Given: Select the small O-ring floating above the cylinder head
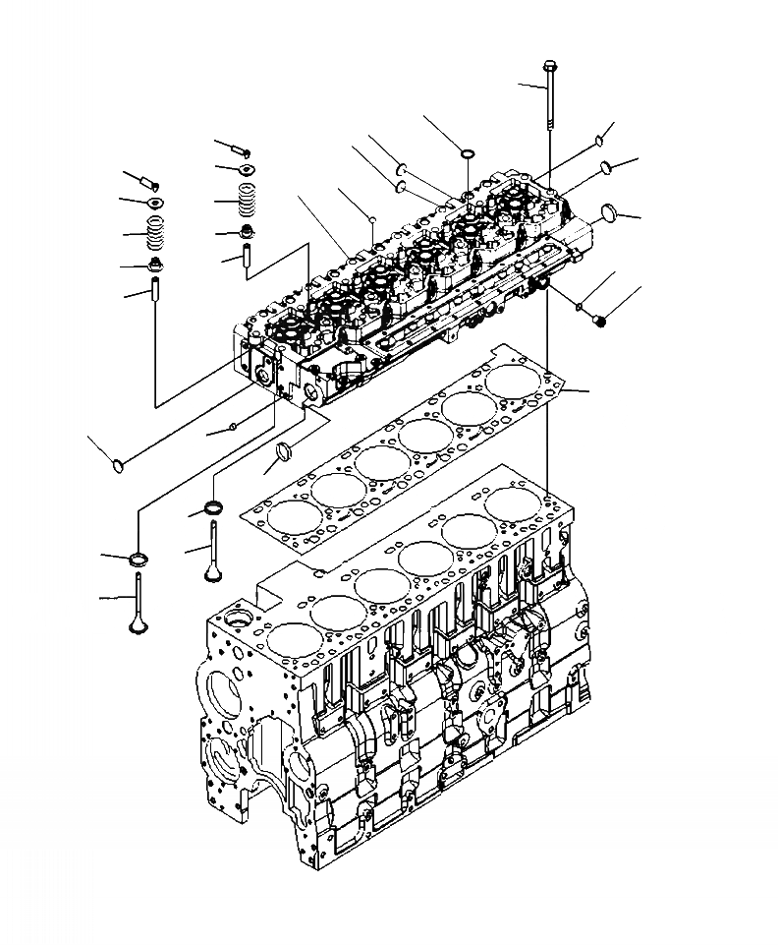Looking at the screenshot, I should point(467,152).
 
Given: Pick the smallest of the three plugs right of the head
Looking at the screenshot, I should point(598,142).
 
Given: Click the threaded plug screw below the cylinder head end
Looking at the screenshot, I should point(600,319).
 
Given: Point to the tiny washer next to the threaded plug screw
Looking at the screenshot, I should point(582,307).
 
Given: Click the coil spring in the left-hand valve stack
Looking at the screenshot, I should point(155,235).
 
